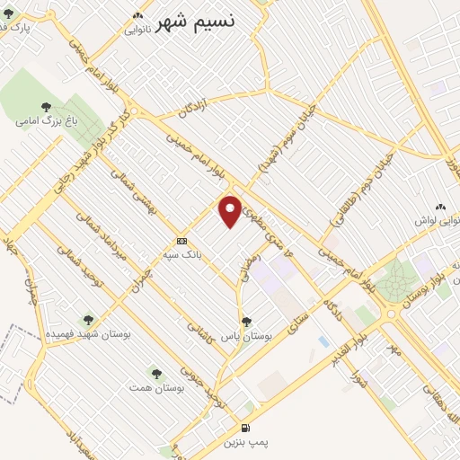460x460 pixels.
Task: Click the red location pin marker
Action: [231, 211]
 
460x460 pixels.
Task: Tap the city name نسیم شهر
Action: [196, 22]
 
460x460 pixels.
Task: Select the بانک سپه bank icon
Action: [182, 241]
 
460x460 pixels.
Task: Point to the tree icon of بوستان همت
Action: [156, 370]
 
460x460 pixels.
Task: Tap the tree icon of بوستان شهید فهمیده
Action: [88, 319]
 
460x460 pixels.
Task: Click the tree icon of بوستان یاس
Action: [246, 321]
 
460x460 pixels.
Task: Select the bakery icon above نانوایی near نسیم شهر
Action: [137, 15]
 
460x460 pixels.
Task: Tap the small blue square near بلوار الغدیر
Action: [323, 341]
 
